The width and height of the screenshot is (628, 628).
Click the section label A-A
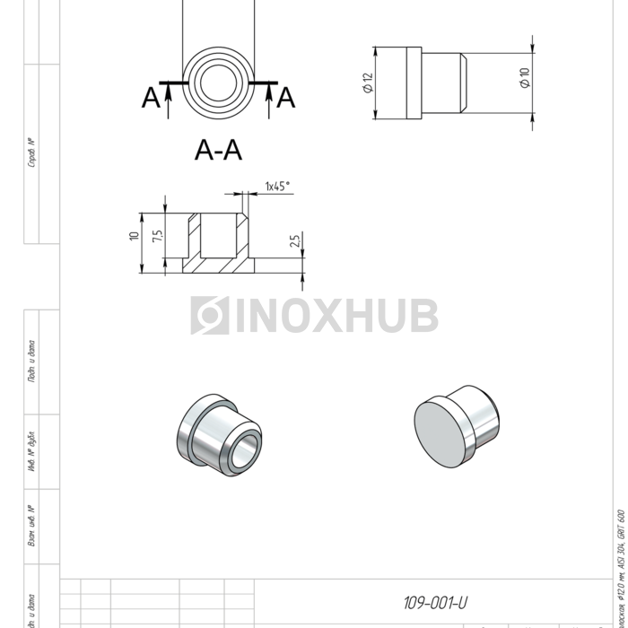coord(218,150)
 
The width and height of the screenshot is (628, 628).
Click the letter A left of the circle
coord(151,98)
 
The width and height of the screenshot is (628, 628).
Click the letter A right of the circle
coord(285,98)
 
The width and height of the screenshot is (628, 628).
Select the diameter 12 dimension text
coord(368,83)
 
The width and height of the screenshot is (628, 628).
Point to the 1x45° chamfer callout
coord(277,187)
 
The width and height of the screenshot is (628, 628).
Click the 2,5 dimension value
coord(295,242)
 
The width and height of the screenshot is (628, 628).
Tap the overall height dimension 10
coord(135,236)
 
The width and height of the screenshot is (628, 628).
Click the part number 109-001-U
coord(436,603)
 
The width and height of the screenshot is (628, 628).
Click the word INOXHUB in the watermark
coord(336,316)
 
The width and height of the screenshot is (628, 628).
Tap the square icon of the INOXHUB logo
coord(210,316)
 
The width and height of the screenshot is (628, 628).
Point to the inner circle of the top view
coord(218,83)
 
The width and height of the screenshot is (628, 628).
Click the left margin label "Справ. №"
coord(32,153)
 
